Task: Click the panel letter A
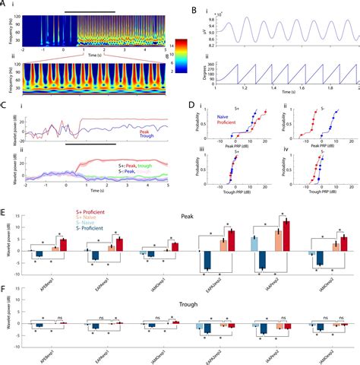pyautogui.click(x=5, y=5)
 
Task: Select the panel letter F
pyautogui.click(x=5, y=289)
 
